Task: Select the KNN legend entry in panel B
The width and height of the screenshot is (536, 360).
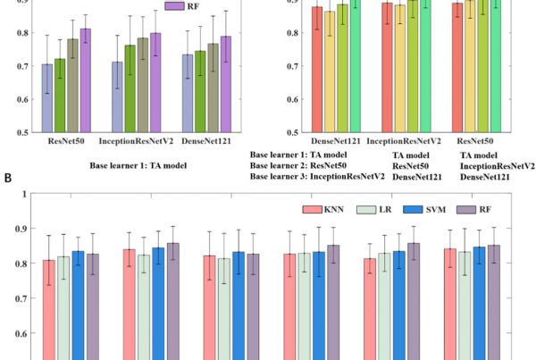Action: (x=327, y=209)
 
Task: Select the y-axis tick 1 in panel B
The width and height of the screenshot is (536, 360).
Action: (x=23, y=194)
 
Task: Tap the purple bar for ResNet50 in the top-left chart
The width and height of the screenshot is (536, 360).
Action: (x=85, y=80)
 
